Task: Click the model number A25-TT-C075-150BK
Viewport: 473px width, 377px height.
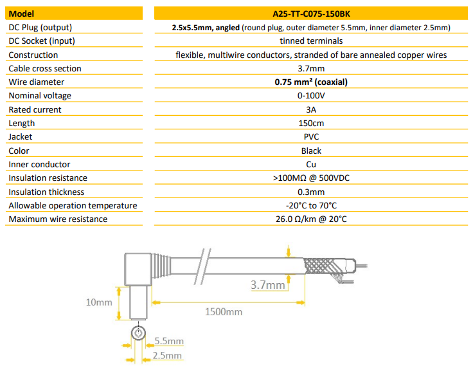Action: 311,13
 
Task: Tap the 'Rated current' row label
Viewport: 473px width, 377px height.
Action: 35,109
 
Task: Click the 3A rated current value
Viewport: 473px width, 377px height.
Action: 311,109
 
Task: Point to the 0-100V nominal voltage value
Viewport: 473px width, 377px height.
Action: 311,96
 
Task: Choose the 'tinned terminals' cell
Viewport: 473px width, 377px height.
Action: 311,41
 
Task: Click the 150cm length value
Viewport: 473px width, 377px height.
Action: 311,123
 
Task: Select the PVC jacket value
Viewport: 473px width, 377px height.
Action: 311,136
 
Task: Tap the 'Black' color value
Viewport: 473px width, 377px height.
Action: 311,151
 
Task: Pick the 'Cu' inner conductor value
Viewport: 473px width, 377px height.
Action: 311,164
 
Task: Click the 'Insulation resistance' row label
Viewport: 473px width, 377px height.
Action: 48,178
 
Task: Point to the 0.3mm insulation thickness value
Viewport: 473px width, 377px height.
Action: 311,192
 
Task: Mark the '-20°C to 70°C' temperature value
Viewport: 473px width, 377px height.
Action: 311,206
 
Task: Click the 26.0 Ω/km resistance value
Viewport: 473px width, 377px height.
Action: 311,219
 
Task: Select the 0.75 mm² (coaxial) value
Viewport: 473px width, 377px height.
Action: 311,82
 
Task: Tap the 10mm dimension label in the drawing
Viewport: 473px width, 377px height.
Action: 99,301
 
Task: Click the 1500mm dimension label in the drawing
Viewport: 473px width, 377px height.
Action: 224,312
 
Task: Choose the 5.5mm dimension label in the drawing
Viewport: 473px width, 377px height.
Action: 169,341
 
